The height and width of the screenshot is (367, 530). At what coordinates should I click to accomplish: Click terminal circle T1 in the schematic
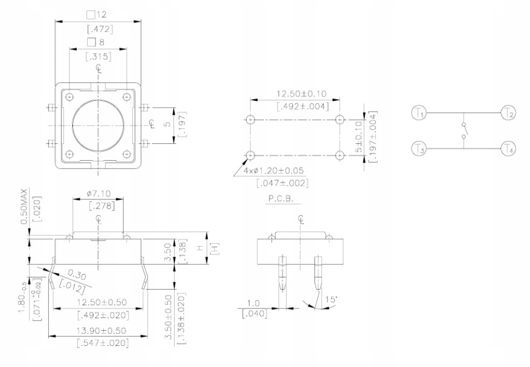[419, 112]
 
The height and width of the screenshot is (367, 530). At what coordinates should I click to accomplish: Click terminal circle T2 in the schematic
[508, 112]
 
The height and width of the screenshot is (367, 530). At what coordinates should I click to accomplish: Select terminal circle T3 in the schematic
[419, 148]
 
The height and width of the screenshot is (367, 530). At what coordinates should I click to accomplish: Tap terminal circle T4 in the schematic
[508, 148]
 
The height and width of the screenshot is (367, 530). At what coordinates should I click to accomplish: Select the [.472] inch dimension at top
[98, 28]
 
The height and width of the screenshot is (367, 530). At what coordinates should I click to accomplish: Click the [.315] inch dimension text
[98, 57]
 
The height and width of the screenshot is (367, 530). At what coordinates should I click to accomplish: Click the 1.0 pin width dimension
[253, 303]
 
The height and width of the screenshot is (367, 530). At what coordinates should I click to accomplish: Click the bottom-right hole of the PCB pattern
[340, 155]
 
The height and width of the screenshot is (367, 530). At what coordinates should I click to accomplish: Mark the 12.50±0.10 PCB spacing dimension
[302, 94]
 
